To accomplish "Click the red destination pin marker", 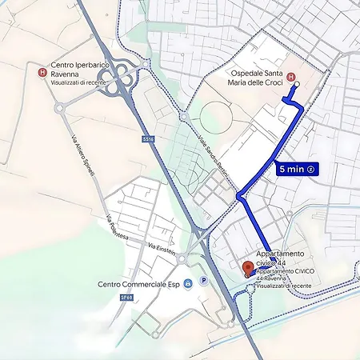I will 248,267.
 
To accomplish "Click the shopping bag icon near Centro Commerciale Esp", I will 187,284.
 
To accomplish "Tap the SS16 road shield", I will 148,139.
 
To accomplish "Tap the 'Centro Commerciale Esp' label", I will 138,284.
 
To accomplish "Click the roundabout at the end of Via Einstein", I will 182,258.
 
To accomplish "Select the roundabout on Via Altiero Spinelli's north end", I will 58,107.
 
